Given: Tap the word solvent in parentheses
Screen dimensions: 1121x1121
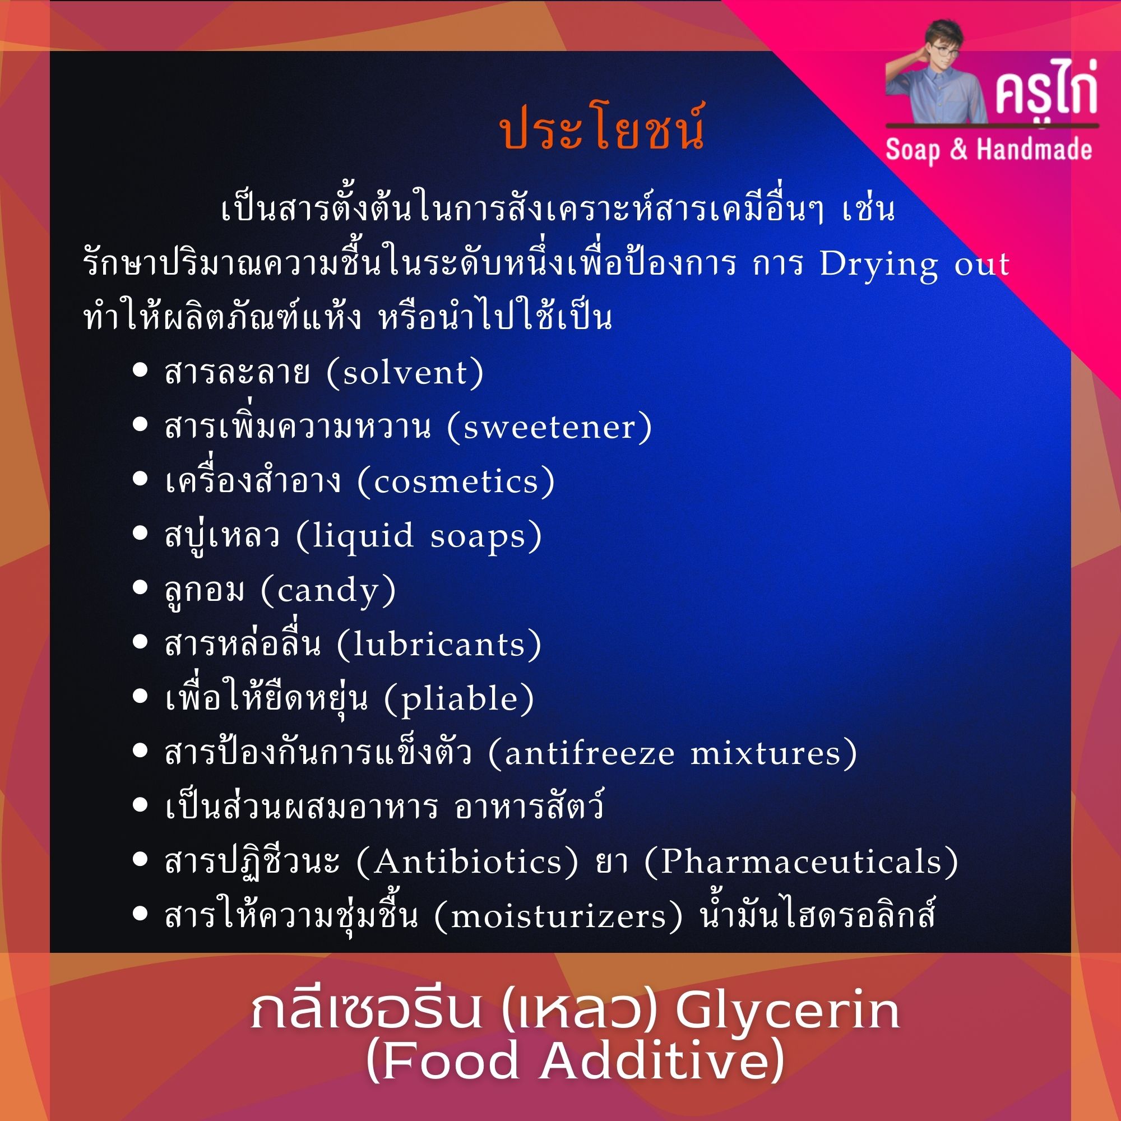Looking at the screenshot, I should [x=405, y=373].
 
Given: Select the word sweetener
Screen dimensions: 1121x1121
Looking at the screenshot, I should [x=549, y=427].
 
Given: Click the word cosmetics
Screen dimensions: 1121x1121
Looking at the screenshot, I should [x=456, y=481].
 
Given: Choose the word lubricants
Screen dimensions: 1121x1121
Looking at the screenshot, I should [x=439, y=645].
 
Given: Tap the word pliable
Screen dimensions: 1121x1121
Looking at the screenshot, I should [x=459, y=698].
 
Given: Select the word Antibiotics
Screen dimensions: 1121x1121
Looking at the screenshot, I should [x=467, y=861].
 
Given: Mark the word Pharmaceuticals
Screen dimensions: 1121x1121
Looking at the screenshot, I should [x=802, y=861].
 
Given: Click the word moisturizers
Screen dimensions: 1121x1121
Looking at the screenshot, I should [x=558, y=917].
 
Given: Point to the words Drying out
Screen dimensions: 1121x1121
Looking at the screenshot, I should [x=914, y=265].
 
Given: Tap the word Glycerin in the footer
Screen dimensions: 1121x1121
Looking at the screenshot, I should [x=787, y=1012].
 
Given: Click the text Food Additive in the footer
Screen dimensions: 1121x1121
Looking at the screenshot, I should [x=575, y=1062].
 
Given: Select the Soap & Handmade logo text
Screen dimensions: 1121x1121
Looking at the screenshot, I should [x=988, y=150].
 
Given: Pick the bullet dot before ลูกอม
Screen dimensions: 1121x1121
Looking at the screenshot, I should [x=140, y=588].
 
